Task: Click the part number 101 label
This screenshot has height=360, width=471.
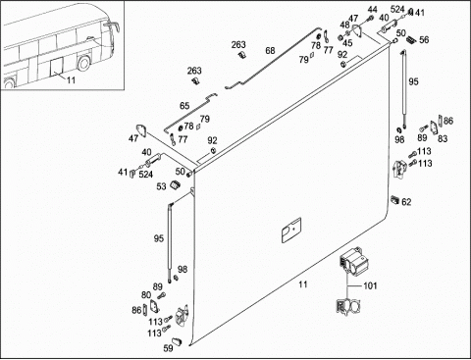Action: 370,285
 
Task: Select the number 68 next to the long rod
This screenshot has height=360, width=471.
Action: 270,51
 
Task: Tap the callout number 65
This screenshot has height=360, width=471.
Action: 184,106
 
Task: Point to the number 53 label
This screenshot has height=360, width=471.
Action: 161,186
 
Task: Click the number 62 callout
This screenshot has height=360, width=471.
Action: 406,202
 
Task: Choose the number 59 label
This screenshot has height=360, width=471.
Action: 168,348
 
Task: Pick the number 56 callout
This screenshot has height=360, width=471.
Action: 424,40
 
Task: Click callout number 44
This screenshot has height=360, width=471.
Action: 373,10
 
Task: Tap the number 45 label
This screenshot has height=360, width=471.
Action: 347,43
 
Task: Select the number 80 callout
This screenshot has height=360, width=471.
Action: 146,295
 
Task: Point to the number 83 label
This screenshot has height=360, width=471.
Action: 443,138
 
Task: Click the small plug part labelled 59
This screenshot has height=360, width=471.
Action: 177,340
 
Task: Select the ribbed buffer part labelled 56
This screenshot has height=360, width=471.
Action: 411,40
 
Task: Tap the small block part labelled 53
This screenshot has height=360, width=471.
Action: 176,184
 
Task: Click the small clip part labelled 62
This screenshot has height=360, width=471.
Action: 394,199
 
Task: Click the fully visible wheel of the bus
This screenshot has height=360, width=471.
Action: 83,63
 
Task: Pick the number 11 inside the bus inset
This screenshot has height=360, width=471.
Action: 71,79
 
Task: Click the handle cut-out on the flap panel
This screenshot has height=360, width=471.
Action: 291,231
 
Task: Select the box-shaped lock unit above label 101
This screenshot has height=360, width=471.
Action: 353,260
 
